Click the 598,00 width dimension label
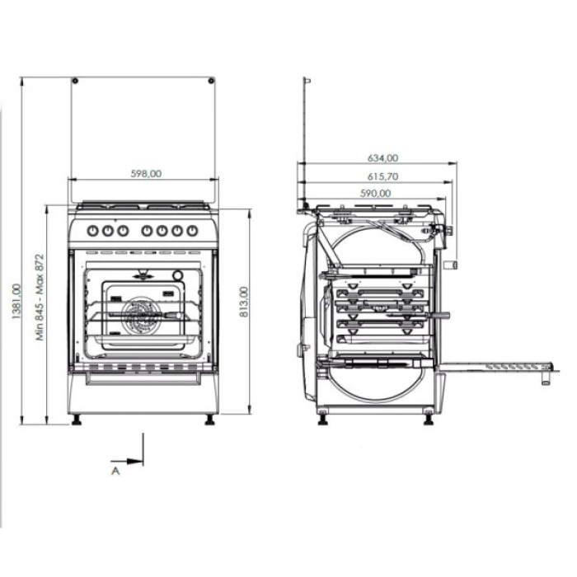tap(146, 174)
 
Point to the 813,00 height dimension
tap(242, 303)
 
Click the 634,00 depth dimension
tap(382, 157)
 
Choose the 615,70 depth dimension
tap(380, 176)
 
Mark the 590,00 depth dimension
tap(375, 194)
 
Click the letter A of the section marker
tap(115, 471)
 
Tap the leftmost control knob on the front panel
tap(92, 231)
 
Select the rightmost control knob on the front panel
tap(192, 231)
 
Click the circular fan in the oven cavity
tap(139, 315)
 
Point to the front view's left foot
tap(77, 420)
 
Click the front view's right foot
tap(209, 420)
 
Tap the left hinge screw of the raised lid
tap(75, 81)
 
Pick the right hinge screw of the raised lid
tap(211, 81)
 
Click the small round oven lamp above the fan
tap(177, 275)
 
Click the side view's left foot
tap(321, 420)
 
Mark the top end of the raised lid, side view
tap(307, 81)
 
